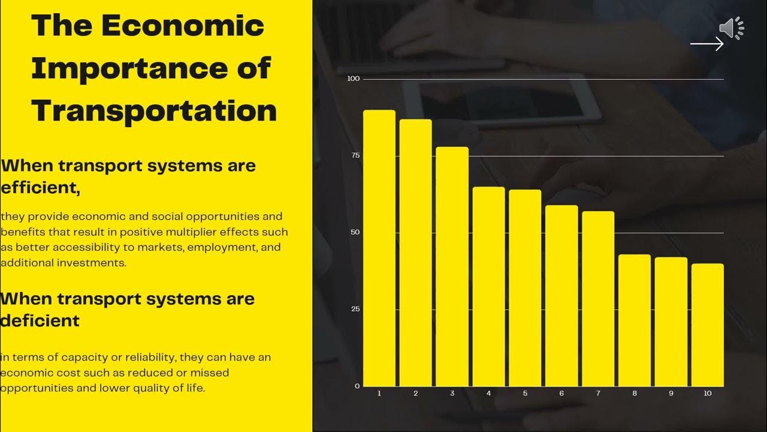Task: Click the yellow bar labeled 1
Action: (379, 248)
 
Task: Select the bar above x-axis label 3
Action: (452, 267)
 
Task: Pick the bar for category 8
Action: (635, 320)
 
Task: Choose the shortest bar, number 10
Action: (708, 325)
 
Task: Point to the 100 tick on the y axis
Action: (353, 79)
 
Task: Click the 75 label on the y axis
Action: (355, 155)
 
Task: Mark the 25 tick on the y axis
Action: (355, 309)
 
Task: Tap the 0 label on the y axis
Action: (357, 386)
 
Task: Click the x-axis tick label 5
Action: (525, 394)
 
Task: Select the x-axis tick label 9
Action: (671, 394)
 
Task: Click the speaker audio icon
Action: (731, 28)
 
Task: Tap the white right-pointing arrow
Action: (707, 44)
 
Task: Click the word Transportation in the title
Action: (154, 111)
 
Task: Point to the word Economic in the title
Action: (183, 25)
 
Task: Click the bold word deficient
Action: (40, 320)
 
